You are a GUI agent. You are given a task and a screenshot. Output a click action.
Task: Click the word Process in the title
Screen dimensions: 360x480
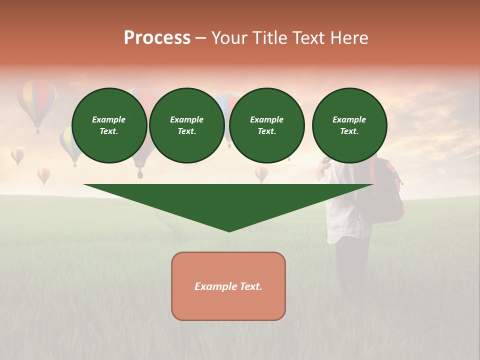[157, 38]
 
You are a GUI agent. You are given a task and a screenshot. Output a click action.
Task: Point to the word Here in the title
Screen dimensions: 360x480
[349, 38]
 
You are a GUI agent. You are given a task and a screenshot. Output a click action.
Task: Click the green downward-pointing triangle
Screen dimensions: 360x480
[228, 202]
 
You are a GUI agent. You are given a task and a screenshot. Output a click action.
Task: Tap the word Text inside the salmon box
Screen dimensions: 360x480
[251, 286]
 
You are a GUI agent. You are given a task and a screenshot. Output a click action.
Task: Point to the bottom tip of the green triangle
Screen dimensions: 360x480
[229, 230]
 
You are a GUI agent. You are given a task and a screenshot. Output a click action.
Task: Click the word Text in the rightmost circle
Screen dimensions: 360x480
[349, 131]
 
